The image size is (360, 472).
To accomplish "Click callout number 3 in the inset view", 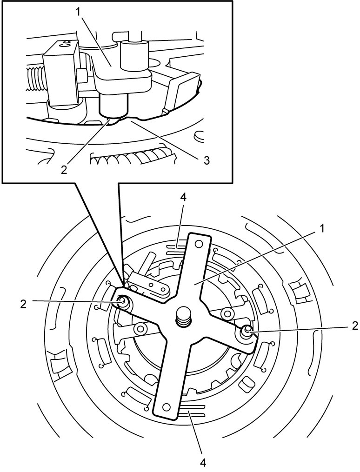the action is coord(206,160).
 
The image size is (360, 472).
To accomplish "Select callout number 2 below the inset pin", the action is coord(64,169).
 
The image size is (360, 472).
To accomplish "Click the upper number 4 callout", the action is coord(183,198).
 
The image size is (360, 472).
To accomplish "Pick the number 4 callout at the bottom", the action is coord(203,463).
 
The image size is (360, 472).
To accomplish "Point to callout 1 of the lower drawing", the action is coord(322,229).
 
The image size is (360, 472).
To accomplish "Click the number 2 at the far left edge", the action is coord(24,304).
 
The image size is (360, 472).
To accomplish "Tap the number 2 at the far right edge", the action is coord(354,326).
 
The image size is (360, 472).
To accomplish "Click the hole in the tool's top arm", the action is coord(198,243).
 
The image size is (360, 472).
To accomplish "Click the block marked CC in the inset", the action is coord(62,75).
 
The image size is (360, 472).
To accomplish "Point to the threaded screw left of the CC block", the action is coord(35,78).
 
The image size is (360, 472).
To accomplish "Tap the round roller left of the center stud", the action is coord(140,329).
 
